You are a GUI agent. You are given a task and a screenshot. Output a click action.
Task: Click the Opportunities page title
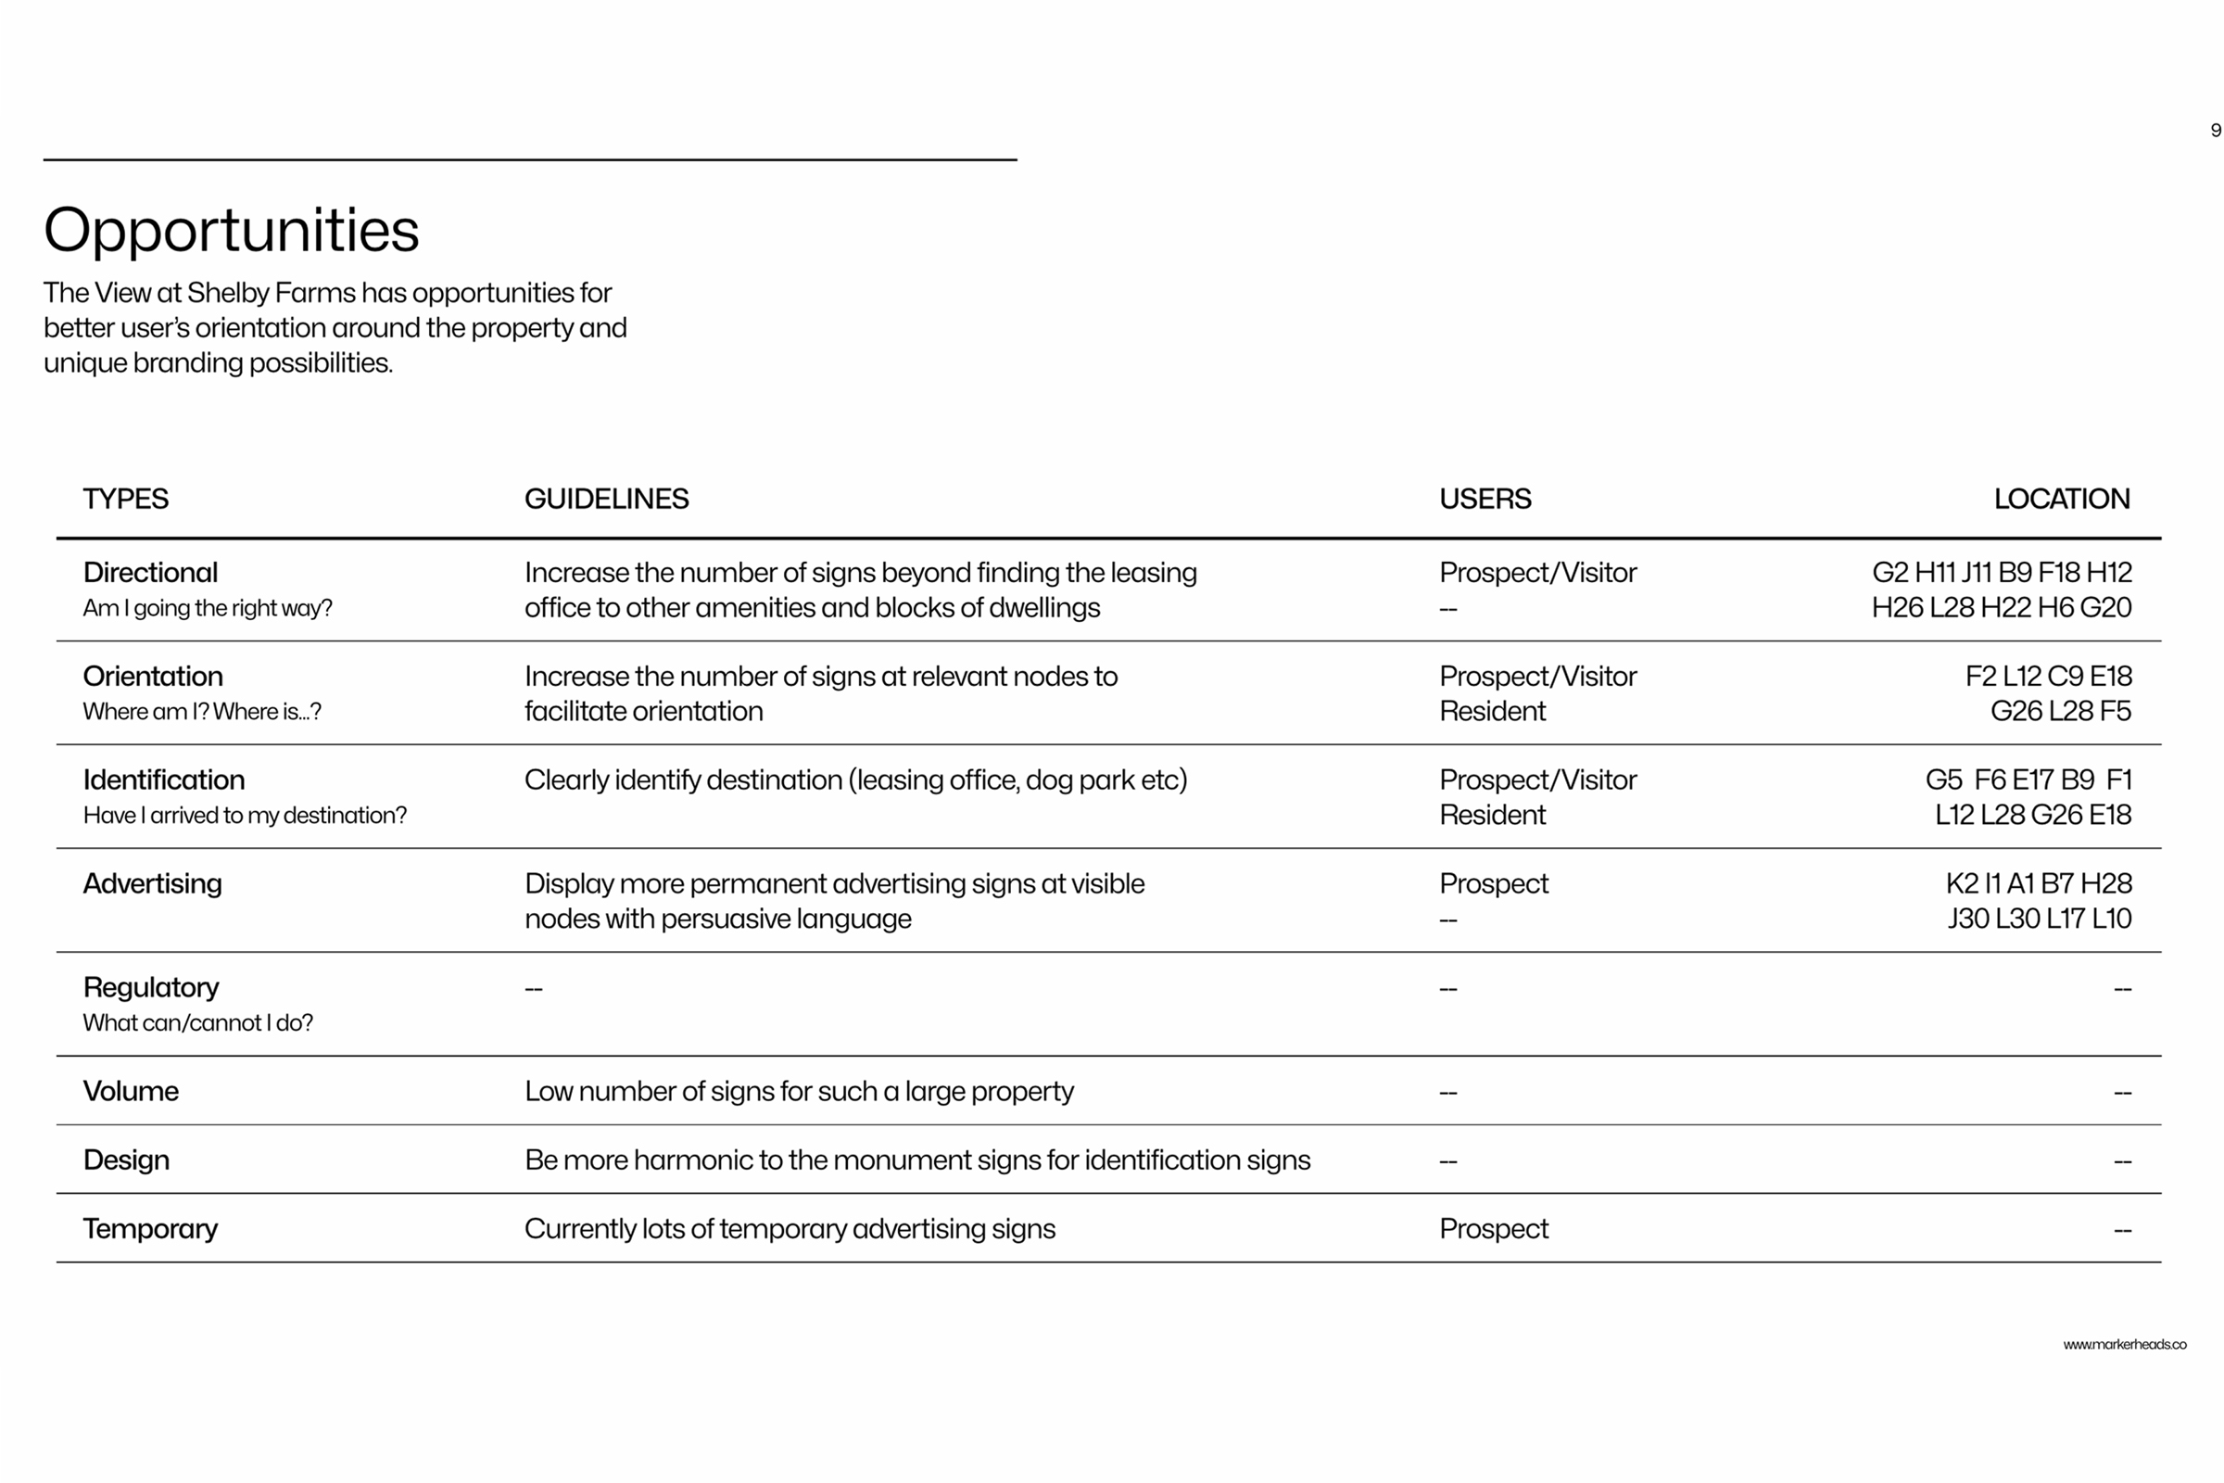pos(231,230)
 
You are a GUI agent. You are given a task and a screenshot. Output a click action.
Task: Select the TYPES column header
pos(126,499)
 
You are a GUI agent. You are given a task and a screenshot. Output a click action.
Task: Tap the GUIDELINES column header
pos(606,499)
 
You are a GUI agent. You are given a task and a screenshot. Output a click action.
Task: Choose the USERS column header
pos(1485,499)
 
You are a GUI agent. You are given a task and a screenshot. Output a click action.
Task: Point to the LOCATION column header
pos(2061,499)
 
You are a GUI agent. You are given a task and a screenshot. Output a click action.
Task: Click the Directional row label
pos(150,572)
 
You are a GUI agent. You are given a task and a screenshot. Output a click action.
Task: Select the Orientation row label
pos(153,677)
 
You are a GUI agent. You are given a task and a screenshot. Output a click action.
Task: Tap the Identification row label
pos(164,780)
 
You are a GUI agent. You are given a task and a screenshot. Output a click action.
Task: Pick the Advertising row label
pos(152,883)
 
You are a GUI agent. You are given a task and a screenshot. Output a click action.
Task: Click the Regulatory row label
pos(151,987)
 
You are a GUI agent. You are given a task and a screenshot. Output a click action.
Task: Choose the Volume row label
pos(131,1091)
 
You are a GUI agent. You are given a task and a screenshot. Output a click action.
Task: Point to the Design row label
pos(127,1160)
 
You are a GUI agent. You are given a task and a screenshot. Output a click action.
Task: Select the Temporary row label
pos(150,1229)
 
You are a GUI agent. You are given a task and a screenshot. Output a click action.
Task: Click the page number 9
pos(2216,131)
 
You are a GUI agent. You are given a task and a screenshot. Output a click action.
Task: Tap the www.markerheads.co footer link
pos(2125,1344)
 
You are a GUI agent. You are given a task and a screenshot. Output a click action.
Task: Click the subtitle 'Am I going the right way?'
pos(208,608)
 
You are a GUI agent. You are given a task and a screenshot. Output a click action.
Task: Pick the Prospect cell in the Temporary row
pos(1493,1229)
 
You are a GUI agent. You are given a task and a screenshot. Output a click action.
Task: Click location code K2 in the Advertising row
pos(1962,883)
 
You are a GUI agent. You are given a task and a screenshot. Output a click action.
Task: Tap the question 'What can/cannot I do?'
pos(197,1022)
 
